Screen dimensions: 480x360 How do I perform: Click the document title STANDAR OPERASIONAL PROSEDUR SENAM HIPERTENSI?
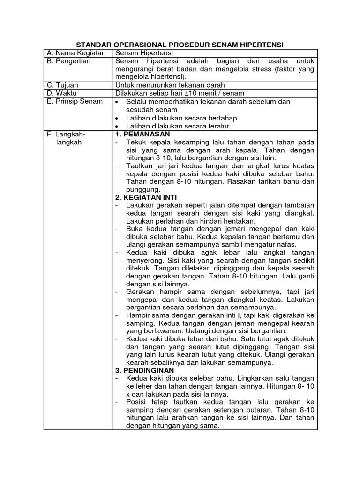[180, 45]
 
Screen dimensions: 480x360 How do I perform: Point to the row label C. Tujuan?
[63, 85]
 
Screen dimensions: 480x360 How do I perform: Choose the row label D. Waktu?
[62, 93]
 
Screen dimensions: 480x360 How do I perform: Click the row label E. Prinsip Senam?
[75, 101]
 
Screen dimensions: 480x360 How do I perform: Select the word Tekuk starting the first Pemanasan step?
[135, 142]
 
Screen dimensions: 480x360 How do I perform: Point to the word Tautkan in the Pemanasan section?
[139, 166]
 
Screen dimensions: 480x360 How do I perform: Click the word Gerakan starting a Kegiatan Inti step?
[142, 292]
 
